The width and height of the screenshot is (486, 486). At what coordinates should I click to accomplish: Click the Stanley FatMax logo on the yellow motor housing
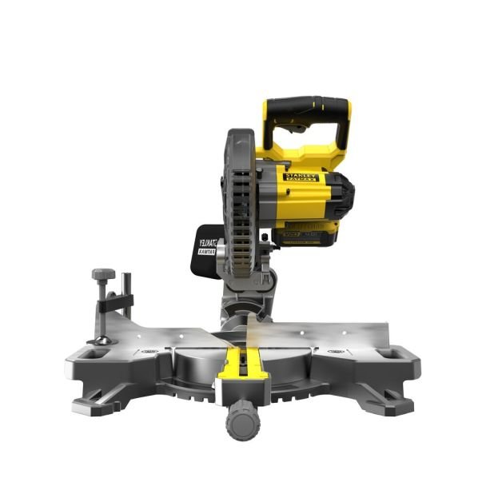click(301, 178)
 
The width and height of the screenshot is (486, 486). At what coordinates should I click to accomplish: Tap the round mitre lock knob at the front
click(241, 421)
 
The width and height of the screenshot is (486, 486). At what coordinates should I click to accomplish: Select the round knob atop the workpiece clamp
click(103, 274)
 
